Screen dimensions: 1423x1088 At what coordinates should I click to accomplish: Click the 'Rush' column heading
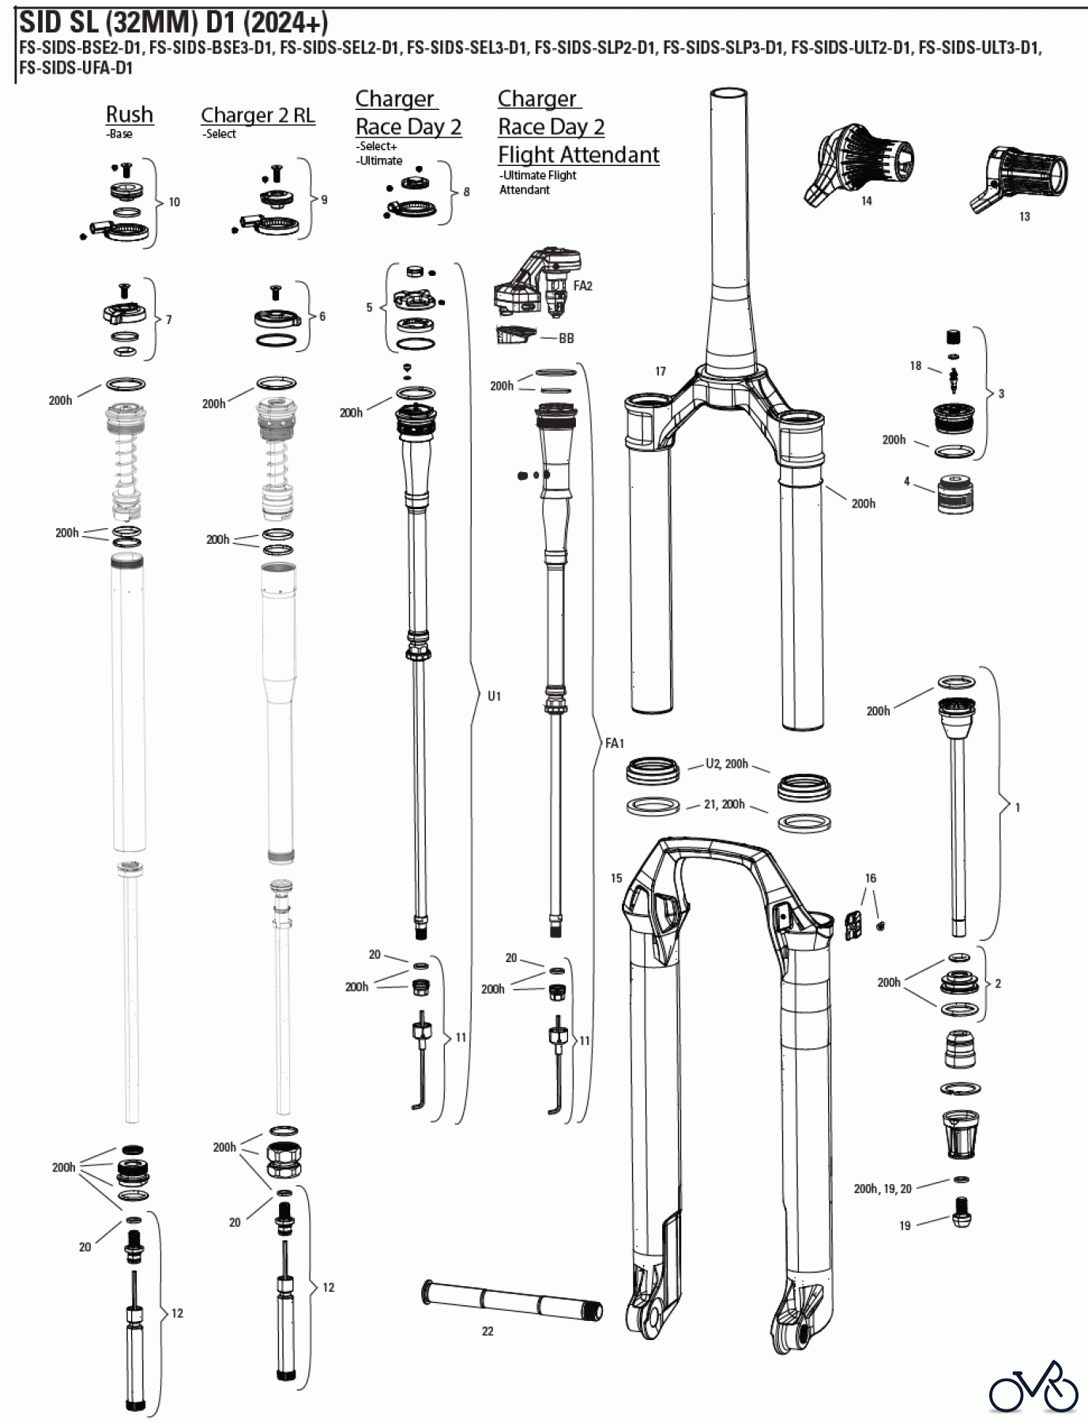(130, 115)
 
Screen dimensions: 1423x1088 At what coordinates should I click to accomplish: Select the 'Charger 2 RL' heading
(258, 115)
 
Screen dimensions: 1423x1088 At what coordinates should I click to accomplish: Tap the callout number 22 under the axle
(488, 1331)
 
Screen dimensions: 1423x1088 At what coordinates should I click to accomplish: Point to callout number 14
(866, 201)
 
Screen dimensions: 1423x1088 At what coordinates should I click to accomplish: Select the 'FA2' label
(583, 286)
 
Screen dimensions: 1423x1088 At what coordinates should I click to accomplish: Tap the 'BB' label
(567, 338)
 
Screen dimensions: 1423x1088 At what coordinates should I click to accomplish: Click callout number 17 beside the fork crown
(661, 371)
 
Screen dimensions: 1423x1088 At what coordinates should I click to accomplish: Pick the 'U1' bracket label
(494, 696)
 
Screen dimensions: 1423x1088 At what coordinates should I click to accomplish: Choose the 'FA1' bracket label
(615, 743)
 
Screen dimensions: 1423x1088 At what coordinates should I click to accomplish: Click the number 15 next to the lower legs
(616, 878)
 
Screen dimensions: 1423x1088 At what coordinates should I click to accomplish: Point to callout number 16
(871, 878)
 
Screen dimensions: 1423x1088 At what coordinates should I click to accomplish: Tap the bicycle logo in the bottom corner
(1034, 1387)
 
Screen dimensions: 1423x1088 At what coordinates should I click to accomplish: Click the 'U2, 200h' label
(727, 764)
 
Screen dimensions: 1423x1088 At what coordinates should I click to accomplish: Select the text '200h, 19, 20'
(883, 1189)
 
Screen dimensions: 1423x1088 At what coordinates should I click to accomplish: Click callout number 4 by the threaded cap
(907, 481)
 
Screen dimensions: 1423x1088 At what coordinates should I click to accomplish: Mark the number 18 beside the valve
(915, 366)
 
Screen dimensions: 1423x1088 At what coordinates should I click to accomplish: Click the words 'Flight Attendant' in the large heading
(578, 155)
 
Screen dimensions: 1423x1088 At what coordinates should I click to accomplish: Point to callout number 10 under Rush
(175, 202)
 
